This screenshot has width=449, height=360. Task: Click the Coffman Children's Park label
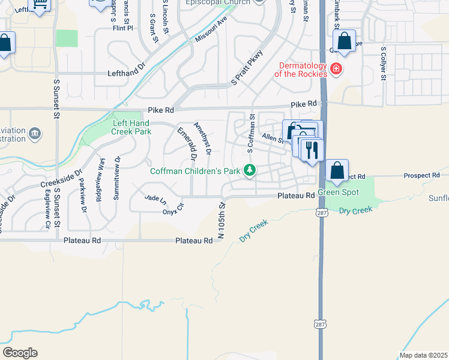195,171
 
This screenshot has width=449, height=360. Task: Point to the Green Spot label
338,193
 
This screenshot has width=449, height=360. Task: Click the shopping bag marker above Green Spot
337,171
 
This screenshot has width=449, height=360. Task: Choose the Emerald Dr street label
187,144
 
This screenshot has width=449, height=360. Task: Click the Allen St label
272,139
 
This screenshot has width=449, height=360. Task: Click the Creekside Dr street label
60,178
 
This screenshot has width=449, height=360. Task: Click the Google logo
20,353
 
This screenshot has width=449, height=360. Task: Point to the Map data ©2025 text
424,355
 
